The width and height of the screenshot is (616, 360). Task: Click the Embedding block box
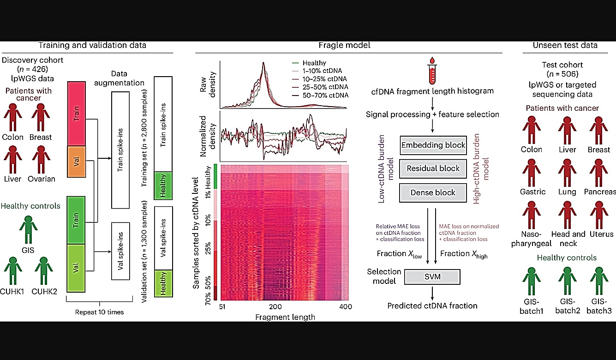[433, 145]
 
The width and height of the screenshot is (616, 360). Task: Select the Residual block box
[433, 168]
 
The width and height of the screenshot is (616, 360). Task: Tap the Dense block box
[433, 192]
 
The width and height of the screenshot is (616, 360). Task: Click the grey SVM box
[432, 276]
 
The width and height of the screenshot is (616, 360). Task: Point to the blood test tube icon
[432, 71]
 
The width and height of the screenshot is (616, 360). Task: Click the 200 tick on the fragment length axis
[275, 306]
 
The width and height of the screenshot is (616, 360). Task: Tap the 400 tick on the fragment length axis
[346, 306]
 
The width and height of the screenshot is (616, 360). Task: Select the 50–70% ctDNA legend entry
[320, 96]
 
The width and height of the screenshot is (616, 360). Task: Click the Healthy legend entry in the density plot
[309, 63]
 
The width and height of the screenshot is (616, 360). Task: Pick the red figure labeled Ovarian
[41, 160]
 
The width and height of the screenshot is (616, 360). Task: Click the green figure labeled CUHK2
[44, 271]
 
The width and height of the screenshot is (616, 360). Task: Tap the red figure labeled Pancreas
[598, 173]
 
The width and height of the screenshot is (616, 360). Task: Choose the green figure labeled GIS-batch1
[532, 281]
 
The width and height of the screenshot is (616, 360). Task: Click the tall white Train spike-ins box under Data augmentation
[120, 150]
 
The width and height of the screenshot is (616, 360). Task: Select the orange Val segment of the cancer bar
[77, 162]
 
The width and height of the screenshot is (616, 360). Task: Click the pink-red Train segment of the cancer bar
[77, 114]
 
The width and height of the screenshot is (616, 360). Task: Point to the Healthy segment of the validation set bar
[164, 283]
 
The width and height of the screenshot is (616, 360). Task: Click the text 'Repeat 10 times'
[99, 312]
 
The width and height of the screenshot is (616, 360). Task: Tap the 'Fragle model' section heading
[344, 45]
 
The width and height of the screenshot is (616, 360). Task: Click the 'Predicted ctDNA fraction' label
[432, 306]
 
